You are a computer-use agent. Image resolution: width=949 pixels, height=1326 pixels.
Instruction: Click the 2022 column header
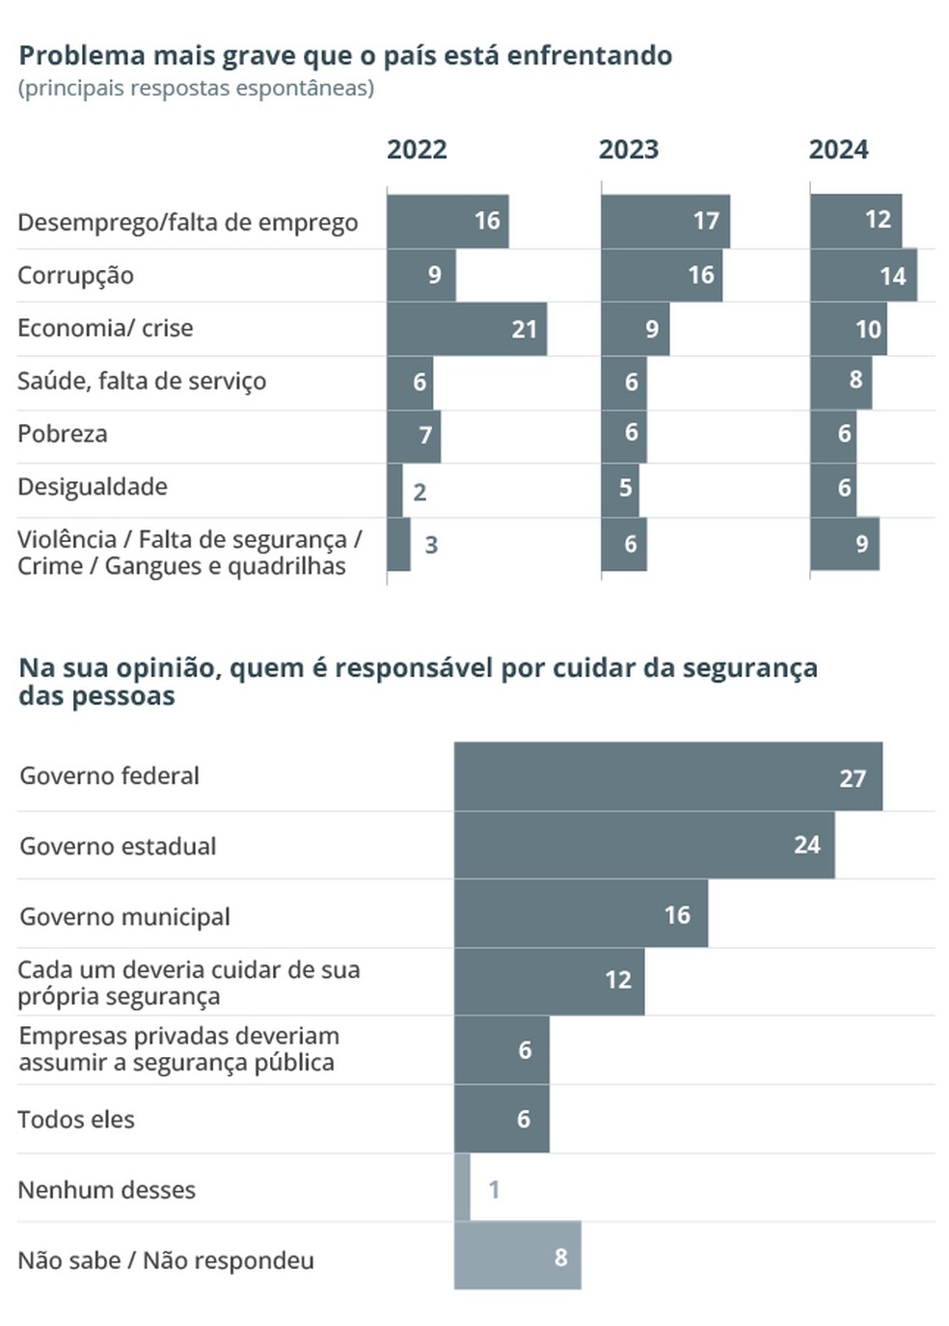417,150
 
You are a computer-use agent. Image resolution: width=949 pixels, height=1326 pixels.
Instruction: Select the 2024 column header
838,150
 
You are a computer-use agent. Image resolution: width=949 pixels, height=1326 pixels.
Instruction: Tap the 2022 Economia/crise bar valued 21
467,329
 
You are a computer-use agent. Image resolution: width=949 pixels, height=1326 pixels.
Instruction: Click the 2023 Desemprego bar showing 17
664,221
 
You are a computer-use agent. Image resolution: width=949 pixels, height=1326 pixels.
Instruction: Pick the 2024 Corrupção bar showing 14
863,276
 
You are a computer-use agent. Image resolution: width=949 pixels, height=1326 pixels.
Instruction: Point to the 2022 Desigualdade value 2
420,492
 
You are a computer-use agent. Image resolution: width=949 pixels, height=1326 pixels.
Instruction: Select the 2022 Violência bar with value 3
398,545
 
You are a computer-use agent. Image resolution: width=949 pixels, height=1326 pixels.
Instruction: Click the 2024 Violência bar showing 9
844,544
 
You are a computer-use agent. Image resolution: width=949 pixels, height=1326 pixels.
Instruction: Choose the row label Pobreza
63,434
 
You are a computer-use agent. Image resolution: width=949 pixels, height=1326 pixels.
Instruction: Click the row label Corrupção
75,276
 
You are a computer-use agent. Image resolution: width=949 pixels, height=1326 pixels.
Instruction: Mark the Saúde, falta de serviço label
142,381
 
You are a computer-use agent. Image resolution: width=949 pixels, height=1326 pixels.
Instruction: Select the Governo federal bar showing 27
667,776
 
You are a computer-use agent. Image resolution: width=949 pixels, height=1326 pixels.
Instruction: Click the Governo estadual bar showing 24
643,845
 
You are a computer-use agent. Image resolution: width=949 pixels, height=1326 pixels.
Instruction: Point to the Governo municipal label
124,916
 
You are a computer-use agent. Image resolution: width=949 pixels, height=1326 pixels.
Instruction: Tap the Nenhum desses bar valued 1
462,1188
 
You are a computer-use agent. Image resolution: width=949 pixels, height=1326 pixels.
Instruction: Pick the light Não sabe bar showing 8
517,1257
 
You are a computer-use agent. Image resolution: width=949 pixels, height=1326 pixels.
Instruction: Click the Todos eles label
76,1120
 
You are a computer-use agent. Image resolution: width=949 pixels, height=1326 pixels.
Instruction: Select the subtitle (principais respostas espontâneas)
196,89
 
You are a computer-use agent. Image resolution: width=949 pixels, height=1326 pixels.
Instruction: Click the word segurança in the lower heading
748,668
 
